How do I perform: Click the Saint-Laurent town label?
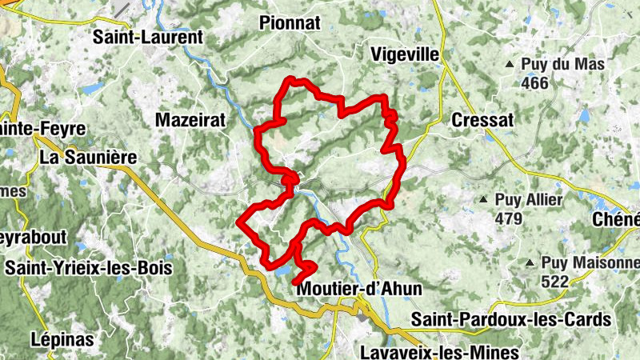coord(149,37)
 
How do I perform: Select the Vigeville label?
coord(406,54)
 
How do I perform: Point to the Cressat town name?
coord(481,119)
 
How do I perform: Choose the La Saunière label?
coord(89,158)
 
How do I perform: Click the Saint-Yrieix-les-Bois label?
coord(88,268)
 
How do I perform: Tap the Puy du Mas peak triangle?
coord(510,64)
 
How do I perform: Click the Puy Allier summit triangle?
coord(482,199)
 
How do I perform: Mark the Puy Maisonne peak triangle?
coord(530,262)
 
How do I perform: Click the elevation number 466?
coord(534,82)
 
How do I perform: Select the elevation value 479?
coord(508,218)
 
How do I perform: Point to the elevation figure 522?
coord(554,281)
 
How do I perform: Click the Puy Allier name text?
coord(529,199)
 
